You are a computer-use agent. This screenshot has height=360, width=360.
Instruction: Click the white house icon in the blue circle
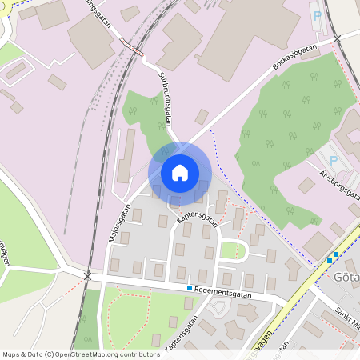(180, 173)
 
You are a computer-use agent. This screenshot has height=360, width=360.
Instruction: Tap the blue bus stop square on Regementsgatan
(190, 288)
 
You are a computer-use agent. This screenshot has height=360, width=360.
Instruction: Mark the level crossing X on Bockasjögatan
(337, 38)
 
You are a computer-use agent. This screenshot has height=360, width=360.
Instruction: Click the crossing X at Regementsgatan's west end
(88, 276)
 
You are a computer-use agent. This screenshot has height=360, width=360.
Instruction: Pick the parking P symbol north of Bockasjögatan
(317, 15)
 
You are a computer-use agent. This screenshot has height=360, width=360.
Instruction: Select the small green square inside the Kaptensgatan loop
(229, 250)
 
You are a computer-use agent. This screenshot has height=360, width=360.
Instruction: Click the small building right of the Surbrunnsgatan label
(202, 116)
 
